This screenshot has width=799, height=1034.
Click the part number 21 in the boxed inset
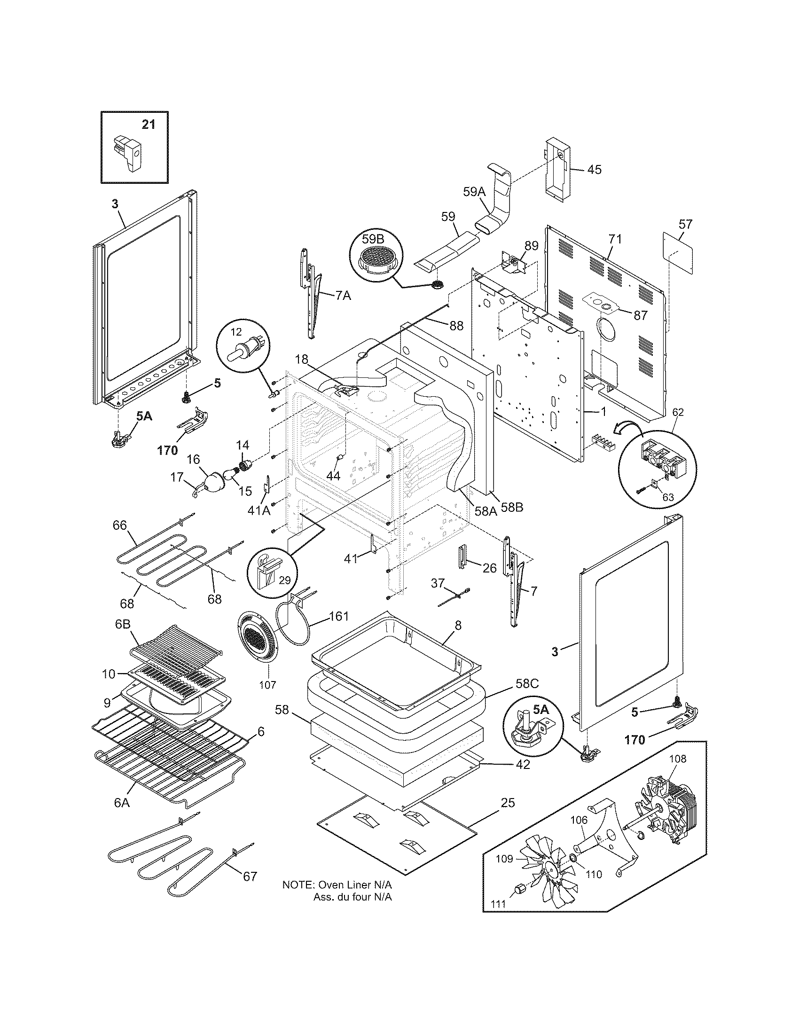(x=148, y=125)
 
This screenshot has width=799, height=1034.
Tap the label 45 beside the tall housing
(x=594, y=170)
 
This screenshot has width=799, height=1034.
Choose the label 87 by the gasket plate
(x=641, y=315)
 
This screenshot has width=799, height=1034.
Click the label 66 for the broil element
(x=120, y=525)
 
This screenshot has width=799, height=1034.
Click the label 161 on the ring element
(x=339, y=616)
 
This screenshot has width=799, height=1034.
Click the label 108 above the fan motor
(x=677, y=759)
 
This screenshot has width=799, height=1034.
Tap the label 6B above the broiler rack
(x=123, y=624)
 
